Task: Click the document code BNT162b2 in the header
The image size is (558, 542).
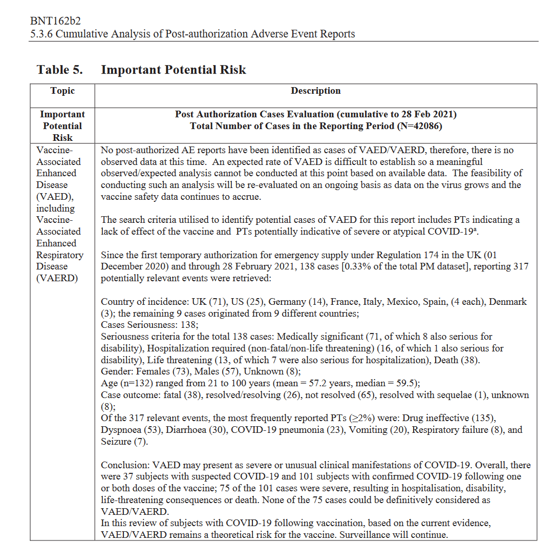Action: point(55,21)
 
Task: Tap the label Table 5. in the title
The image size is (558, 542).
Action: point(59,70)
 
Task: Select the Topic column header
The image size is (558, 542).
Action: point(62,91)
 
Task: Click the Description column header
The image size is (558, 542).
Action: point(315,91)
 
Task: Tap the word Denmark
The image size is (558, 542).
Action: point(508,302)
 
